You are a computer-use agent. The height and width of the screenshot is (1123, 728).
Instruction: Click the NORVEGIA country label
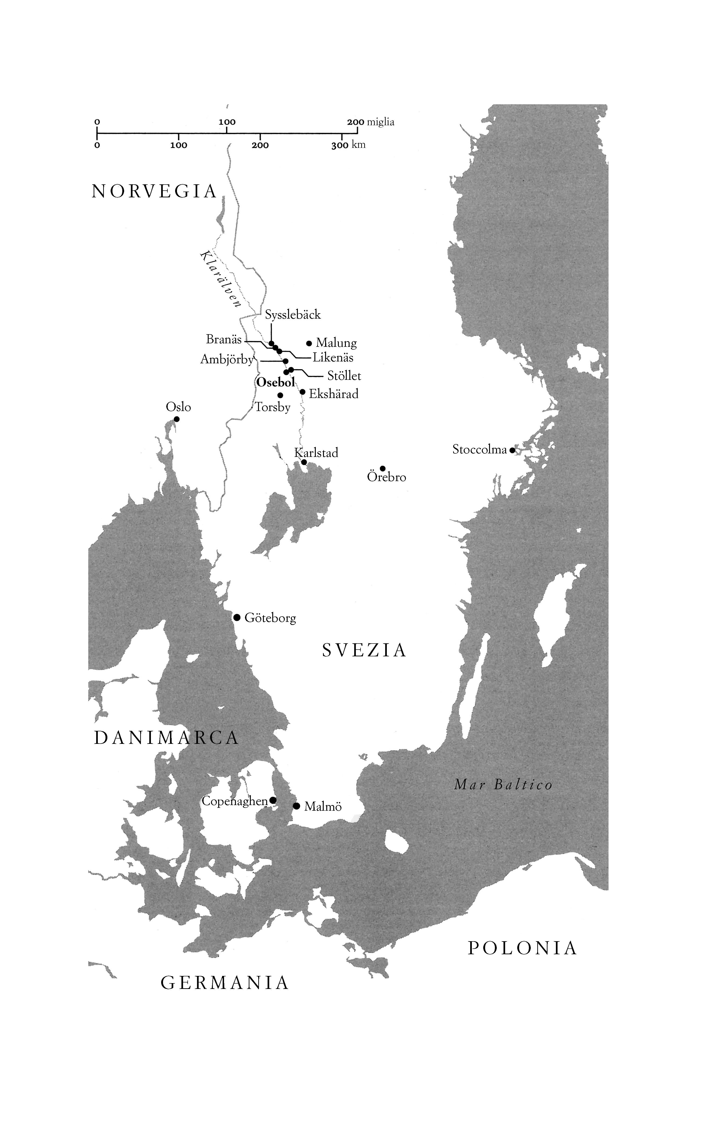pos(154,192)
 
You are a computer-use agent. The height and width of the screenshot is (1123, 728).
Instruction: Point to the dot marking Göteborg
pos(237,617)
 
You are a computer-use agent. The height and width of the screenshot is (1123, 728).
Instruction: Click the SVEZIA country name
pos(364,650)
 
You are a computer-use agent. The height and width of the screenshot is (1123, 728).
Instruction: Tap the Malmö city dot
pos(296,806)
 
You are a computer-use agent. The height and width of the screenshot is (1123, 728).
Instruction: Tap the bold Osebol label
pos(275,382)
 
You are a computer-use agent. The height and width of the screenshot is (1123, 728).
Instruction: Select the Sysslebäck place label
pos(293,315)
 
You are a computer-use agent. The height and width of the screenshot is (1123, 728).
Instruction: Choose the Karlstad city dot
pos(304,462)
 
